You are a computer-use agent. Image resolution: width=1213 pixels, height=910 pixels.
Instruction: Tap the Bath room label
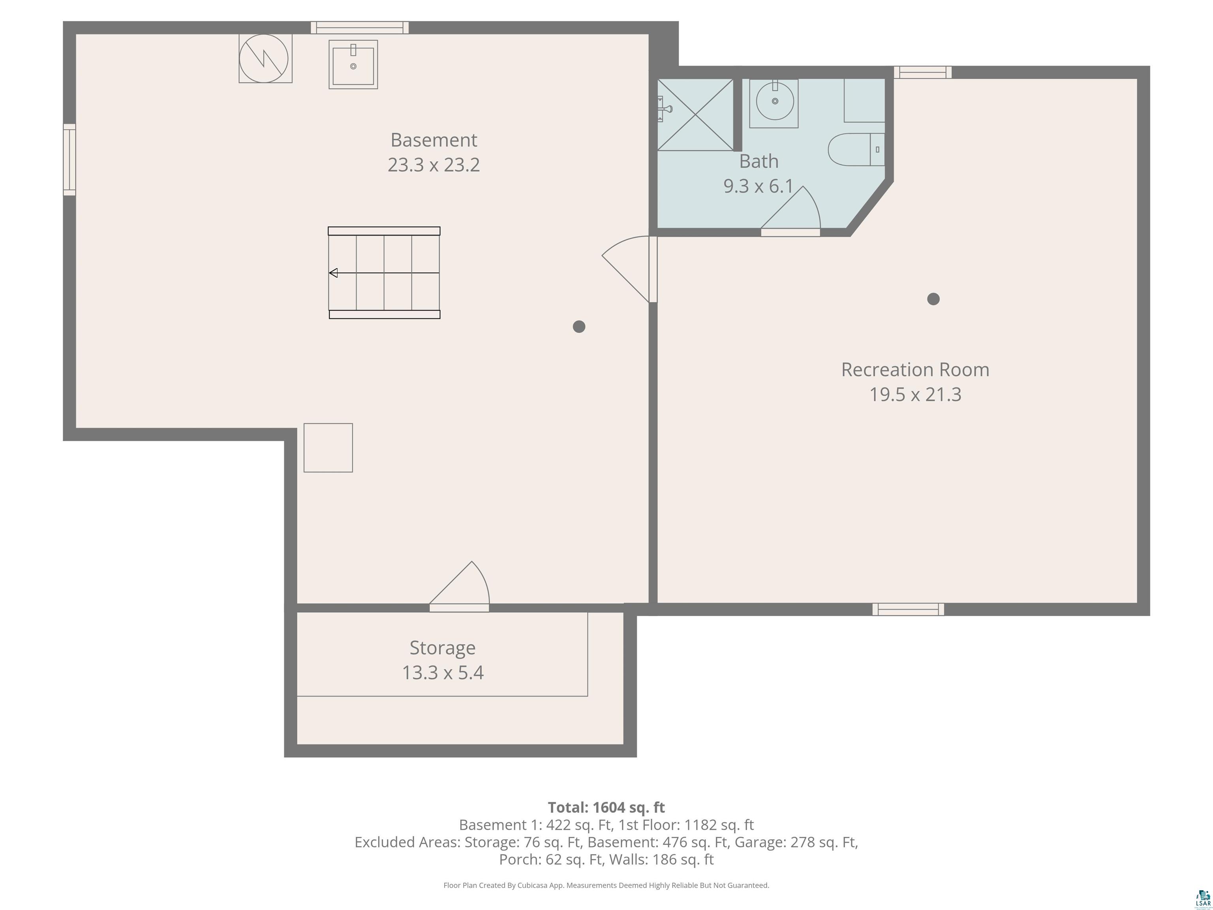(759, 161)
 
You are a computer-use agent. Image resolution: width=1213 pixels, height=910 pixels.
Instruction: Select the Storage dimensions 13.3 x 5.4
(443, 673)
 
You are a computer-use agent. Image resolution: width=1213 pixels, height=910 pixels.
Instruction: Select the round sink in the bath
(774, 102)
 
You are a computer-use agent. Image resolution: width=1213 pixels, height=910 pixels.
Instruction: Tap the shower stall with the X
(695, 114)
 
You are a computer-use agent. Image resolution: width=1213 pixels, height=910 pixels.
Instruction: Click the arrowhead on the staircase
(333, 273)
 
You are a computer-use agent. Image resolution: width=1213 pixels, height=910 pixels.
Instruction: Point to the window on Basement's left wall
(69, 160)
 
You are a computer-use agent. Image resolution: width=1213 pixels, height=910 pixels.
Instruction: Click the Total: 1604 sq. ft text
(606, 807)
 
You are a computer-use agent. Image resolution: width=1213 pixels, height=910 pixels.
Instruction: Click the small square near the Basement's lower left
(328, 447)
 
